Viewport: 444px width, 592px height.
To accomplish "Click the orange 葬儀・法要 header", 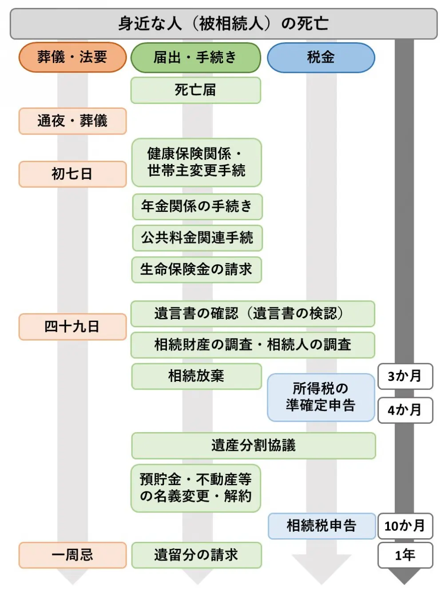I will pyautogui.click(x=72, y=57).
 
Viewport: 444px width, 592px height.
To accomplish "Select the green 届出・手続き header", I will pyautogui.click(x=195, y=57).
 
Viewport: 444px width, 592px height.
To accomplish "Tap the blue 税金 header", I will pyautogui.click(x=321, y=57).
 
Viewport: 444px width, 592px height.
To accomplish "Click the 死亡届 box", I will pyautogui.click(x=195, y=90).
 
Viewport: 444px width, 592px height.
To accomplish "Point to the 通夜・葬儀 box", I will pyautogui.click(x=72, y=121).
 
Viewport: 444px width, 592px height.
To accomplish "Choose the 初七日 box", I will pyautogui.click(x=72, y=174).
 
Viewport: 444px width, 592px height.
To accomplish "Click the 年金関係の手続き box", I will pyautogui.click(x=197, y=207).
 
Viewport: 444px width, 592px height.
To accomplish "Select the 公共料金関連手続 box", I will pyautogui.click(x=197, y=238).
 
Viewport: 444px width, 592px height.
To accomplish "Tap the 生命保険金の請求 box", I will pyautogui.click(x=196, y=269).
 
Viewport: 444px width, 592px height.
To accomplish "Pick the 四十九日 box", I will pyautogui.click(x=72, y=327).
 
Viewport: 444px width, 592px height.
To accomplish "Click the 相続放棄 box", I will pyautogui.click(x=196, y=376).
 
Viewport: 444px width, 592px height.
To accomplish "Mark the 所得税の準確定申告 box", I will pyautogui.click(x=321, y=397).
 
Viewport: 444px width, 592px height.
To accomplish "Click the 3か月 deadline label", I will pyautogui.click(x=404, y=376).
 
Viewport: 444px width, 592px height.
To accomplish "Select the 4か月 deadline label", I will pyautogui.click(x=404, y=410).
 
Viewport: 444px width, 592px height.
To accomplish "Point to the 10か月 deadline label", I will pyautogui.click(x=404, y=526).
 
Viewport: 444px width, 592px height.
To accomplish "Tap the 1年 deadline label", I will pyautogui.click(x=404, y=555).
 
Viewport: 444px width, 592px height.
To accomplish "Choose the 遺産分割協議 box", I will pyautogui.click(x=253, y=445).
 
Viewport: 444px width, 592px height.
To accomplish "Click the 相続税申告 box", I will pyautogui.click(x=321, y=526).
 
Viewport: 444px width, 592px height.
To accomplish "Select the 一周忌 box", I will pyautogui.click(x=72, y=555).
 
